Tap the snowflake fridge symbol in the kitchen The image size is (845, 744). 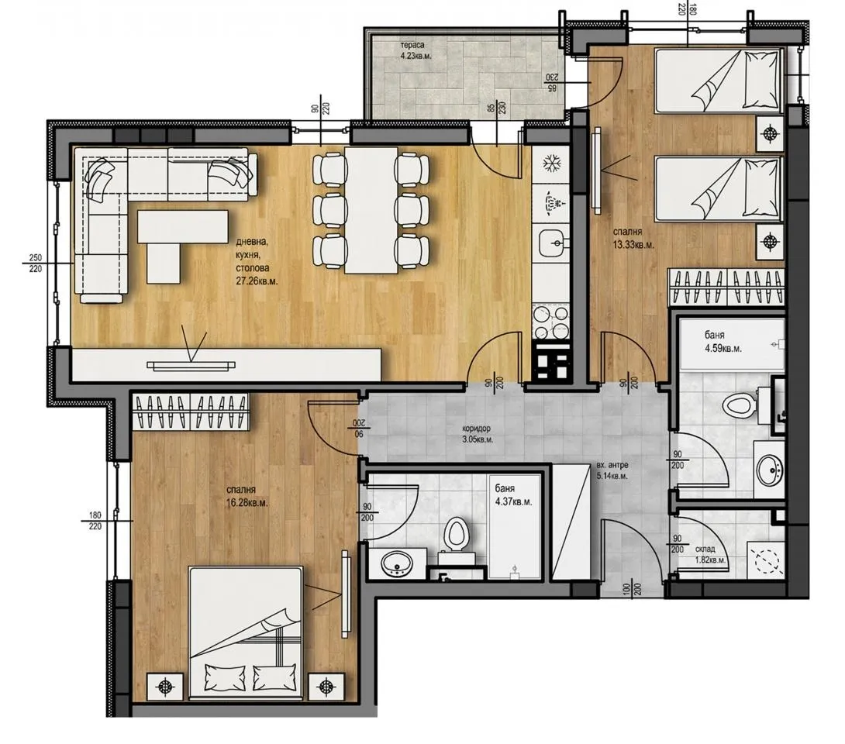tap(551, 164)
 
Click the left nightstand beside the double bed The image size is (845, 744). tap(165, 687)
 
